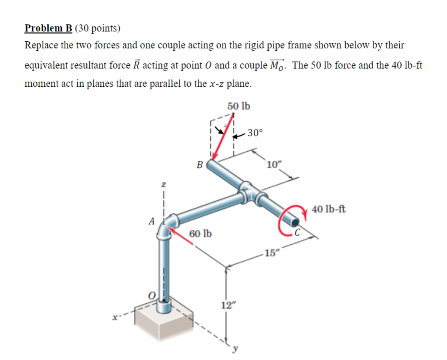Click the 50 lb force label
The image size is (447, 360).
(x=239, y=106)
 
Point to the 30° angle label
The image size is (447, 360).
(x=256, y=133)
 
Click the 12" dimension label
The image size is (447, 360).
(x=227, y=306)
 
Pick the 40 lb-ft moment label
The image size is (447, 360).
(x=329, y=209)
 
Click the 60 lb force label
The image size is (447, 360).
(x=200, y=234)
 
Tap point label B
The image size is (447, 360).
(x=200, y=164)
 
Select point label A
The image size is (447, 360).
(x=152, y=221)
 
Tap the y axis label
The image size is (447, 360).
(x=236, y=349)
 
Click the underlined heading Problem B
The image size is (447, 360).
(x=49, y=28)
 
